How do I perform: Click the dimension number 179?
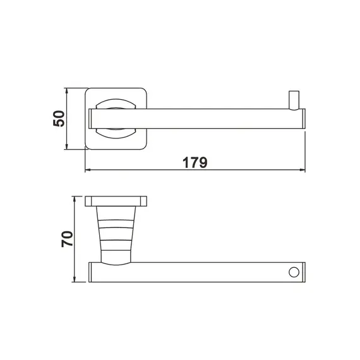[x=196, y=162]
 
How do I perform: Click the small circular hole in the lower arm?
[x=292, y=272]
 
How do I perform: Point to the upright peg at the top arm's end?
[x=293, y=100]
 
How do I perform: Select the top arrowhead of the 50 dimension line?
[x=68, y=91]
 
